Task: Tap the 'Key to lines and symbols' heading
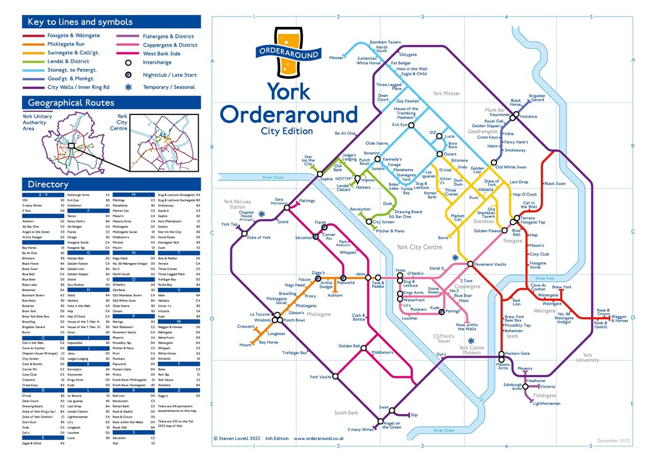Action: point(78,22)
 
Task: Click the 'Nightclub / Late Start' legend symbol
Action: point(128,75)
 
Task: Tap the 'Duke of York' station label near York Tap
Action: point(259,237)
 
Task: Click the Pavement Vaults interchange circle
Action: point(470,264)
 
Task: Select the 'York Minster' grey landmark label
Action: point(446,93)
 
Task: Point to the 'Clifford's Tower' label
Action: point(443,338)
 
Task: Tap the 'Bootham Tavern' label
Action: point(385,43)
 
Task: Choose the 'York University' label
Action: point(587,358)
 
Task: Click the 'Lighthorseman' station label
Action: point(546,403)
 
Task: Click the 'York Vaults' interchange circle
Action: point(336,377)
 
